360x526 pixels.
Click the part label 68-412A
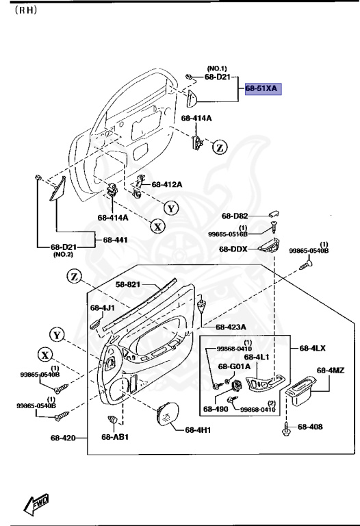coord(167,184)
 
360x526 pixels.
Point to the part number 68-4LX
coord(311,348)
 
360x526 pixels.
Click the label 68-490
coord(215,410)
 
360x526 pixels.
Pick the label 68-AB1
coord(115,437)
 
